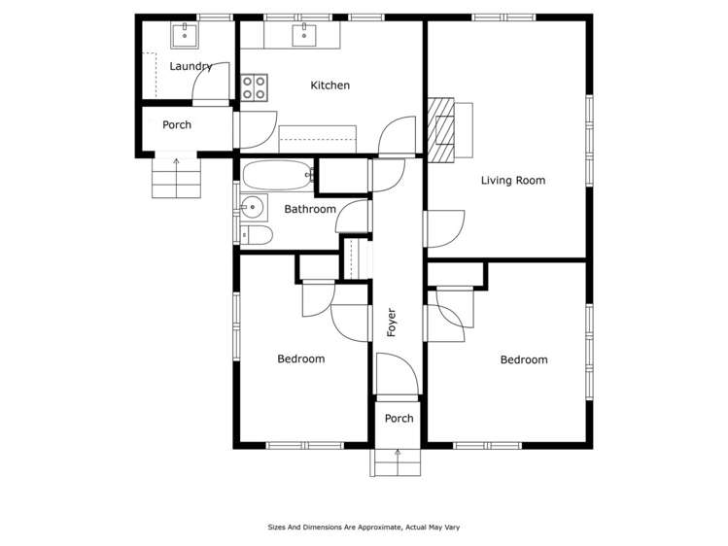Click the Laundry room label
[x=191, y=67]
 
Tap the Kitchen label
[x=329, y=85]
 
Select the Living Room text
[x=512, y=181]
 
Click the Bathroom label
[x=309, y=209]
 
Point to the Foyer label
[x=393, y=323]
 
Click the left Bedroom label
[x=300, y=359]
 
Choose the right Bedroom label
[x=523, y=360]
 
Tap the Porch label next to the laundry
[x=177, y=125]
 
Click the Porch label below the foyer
[x=399, y=419]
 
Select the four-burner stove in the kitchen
[x=255, y=88]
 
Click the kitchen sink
[x=304, y=37]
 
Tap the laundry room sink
[x=184, y=36]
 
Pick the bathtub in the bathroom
[x=277, y=176]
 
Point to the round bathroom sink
[x=254, y=206]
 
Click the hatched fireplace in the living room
[x=444, y=128]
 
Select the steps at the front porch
[x=396, y=462]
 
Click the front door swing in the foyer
[x=397, y=375]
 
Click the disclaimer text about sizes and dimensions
[x=364, y=528]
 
